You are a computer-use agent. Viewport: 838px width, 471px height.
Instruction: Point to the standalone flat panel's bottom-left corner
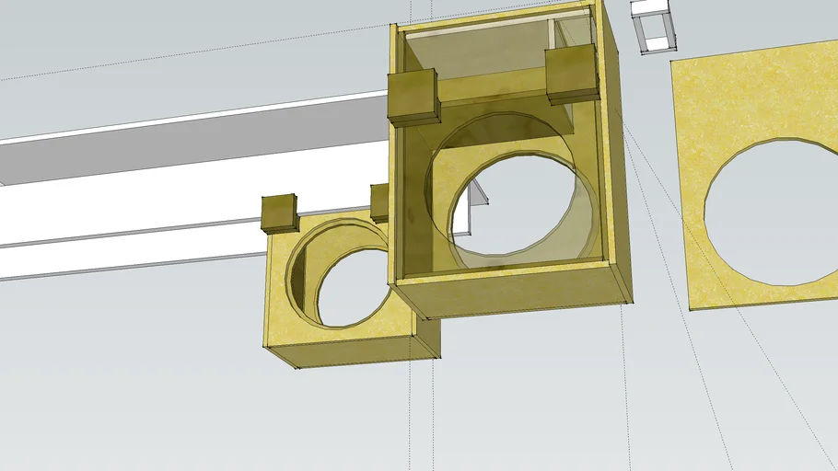point(692,308)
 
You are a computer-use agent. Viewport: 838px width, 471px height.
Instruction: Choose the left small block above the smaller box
point(280,213)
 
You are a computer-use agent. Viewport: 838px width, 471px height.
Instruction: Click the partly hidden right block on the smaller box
point(378,202)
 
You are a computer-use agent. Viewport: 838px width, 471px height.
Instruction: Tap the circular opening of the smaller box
point(355,281)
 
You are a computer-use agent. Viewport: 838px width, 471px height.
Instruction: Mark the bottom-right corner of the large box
point(632,301)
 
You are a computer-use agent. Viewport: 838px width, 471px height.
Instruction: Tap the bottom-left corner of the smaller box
point(298,368)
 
